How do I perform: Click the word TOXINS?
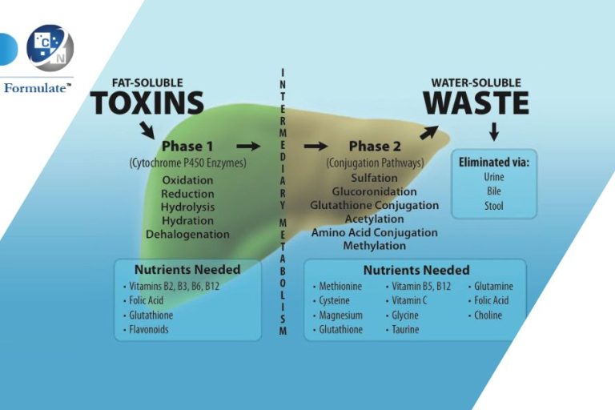147,102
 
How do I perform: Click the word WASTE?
476,102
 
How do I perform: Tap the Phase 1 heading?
187,147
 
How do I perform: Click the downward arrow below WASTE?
494,131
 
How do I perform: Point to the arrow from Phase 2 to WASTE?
429,131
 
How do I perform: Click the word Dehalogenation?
187,235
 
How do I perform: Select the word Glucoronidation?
374,192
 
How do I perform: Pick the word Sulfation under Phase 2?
374,178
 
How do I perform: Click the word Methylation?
374,246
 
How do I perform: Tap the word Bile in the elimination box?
494,191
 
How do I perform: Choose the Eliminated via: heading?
494,162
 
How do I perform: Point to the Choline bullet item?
488,315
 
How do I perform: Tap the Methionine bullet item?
340,286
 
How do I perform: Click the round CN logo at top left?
50,47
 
